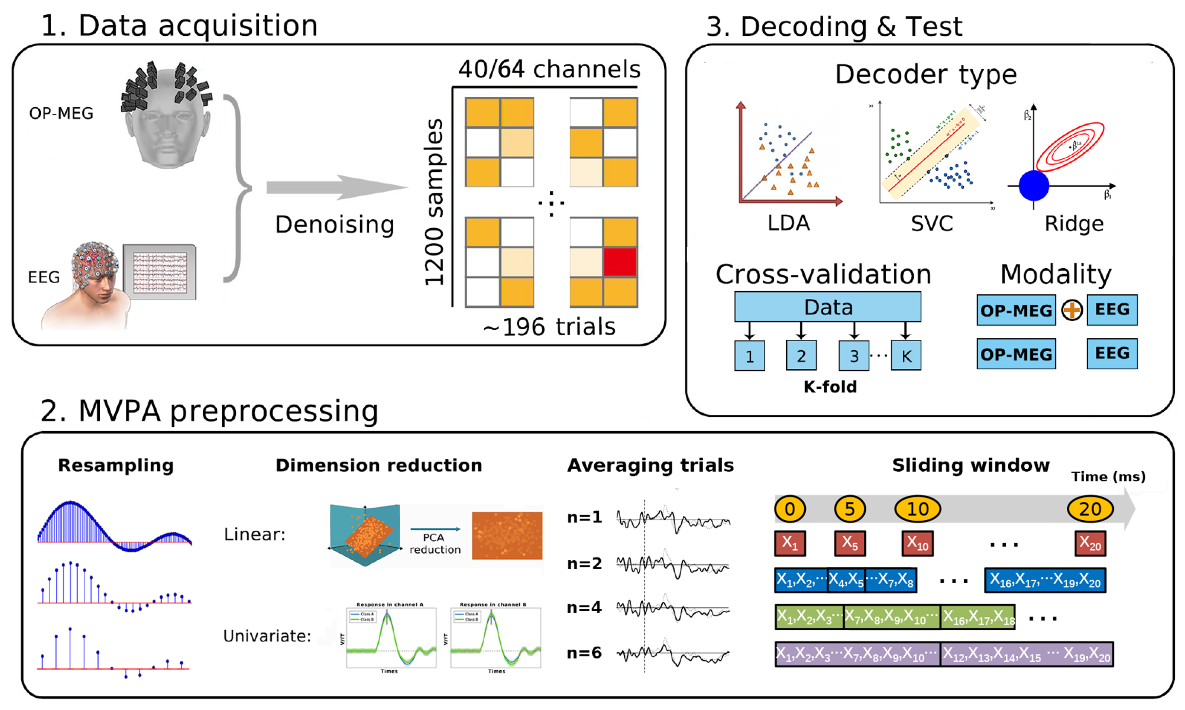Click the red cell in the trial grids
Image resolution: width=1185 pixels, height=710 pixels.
pos(620,262)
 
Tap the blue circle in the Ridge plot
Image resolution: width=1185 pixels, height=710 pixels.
pos(1034,186)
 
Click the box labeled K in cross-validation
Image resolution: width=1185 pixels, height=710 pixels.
pos(906,355)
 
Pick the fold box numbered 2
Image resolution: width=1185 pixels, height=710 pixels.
pos(801,355)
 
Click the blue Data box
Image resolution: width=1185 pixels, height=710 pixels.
pos(827,307)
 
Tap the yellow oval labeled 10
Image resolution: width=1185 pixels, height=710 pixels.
pos(917,509)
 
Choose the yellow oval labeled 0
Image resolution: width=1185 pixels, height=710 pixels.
pos(790,509)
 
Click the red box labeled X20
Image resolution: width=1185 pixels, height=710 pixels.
pos(1090,543)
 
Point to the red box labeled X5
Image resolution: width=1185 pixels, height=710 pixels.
pos(849,543)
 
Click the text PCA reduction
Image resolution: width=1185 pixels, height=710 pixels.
pos(435,543)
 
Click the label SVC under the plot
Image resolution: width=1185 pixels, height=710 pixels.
pos(932,223)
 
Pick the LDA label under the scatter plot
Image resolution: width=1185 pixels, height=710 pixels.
pos(789,223)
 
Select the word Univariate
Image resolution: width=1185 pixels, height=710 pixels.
pos(267,636)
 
